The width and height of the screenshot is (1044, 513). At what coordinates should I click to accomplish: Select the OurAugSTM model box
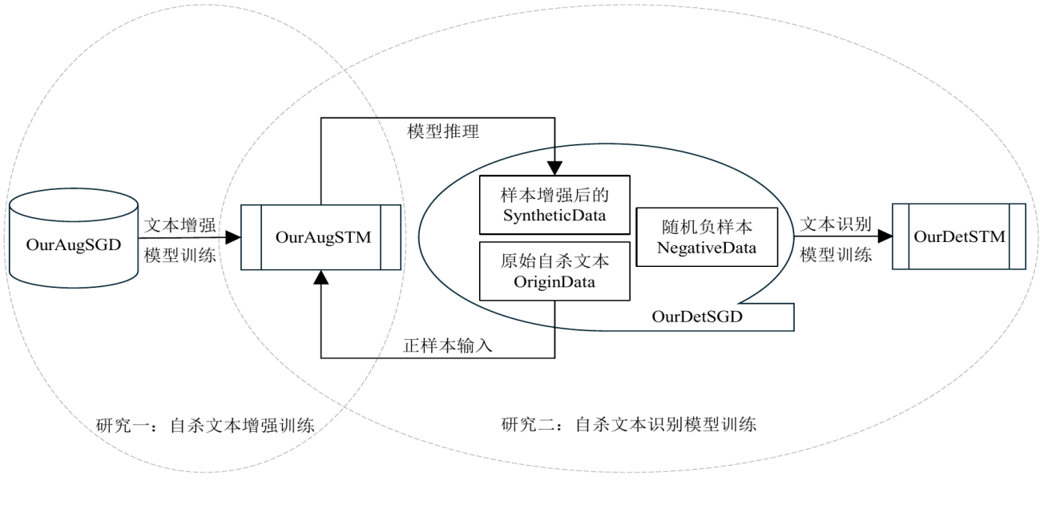tap(321, 237)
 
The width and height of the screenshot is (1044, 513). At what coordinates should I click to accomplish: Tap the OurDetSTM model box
tap(959, 237)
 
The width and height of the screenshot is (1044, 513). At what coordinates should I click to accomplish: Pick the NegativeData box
tap(706, 238)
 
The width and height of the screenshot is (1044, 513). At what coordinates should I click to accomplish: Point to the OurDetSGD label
tap(695, 317)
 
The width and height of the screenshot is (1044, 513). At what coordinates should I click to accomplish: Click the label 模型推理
tap(444, 132)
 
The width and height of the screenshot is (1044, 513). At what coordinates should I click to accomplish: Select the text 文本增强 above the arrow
tap(179, 225)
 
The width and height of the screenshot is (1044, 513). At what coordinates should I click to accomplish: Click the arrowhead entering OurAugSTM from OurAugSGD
tap(234, 237)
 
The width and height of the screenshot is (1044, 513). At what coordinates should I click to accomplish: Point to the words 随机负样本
tap(706, 226)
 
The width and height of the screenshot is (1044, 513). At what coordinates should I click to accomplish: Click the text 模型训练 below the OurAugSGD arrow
tap(179, 254)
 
